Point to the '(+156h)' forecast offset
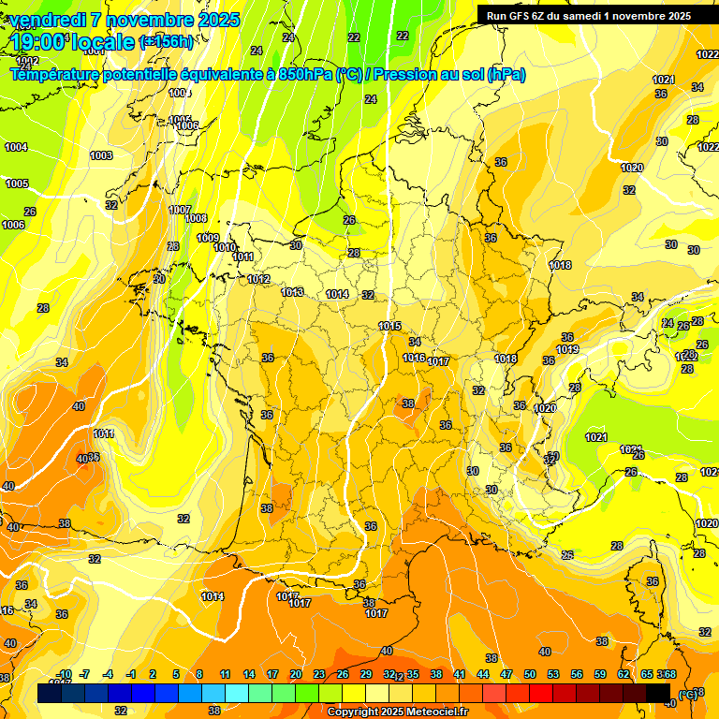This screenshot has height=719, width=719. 167,42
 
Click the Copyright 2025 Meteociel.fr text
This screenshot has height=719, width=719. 397,712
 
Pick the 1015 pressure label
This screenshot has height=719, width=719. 389,326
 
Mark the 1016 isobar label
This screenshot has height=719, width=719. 414,358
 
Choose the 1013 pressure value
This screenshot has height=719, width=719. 292,292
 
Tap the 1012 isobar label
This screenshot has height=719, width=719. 259,279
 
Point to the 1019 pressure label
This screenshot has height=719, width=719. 567,349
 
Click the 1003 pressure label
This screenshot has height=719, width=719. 101,155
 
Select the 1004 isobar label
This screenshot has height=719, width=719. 16,147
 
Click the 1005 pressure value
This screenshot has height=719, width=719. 17,183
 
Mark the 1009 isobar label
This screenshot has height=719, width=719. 208,238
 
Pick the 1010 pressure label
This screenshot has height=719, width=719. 225,247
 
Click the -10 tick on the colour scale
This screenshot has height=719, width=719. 64,674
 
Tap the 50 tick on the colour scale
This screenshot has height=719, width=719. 530,674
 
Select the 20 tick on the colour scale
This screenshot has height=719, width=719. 295,674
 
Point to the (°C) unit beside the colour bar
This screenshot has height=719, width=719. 688,694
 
